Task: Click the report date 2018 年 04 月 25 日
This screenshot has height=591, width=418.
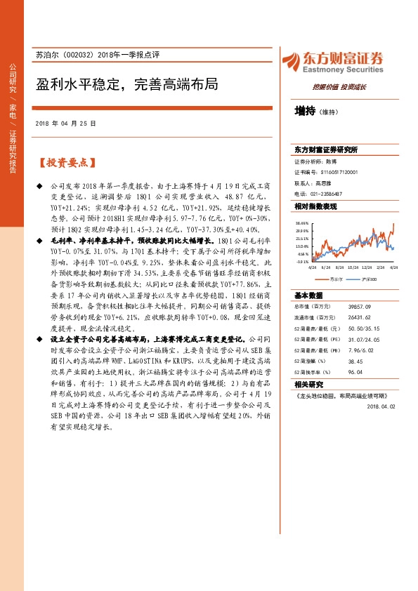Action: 65,123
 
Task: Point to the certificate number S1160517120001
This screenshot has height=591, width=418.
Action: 340,171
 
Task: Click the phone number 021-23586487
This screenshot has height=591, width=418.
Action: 327,193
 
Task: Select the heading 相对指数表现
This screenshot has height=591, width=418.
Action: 315,206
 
